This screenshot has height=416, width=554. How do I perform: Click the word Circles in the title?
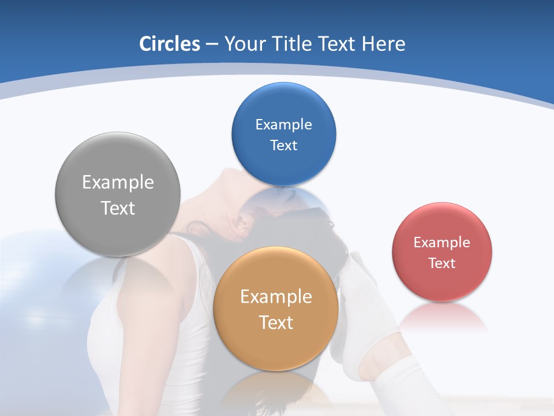click(x=169, y=44)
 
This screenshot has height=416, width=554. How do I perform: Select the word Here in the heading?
click(x=383, y=44)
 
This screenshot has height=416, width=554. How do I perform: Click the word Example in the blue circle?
click(x=283, y=124)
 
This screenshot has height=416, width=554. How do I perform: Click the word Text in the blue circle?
click(x=283, y=145)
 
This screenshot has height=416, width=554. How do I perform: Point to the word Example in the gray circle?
click(x=118, y=182)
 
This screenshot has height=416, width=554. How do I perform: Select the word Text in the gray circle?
click(x=118, y=208)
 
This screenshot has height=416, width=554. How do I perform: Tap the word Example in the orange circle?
click(x=276, y=296)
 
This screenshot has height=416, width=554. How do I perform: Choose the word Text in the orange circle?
click(x=276, y=322)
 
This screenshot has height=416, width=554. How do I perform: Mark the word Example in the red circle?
click(x=442, y=242)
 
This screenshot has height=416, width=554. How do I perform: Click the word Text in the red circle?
click(x=442, y=263)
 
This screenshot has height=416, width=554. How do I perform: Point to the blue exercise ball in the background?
click(x=35, y=272)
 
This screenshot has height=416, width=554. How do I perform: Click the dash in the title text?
click(x=212, y=44)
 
